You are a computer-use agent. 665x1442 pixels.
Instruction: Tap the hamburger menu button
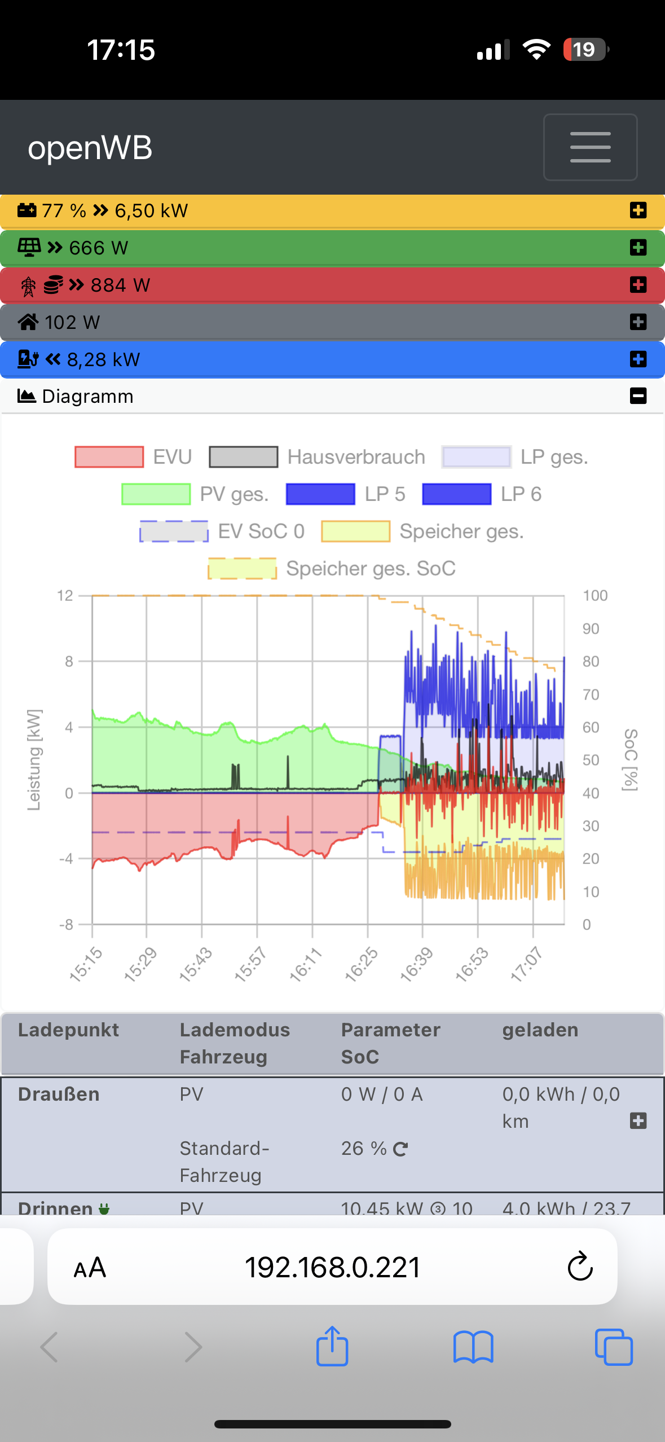(590, 147)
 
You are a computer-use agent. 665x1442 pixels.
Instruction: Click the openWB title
(90, 148)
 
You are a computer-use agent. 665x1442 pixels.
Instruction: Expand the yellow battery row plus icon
(638, 210)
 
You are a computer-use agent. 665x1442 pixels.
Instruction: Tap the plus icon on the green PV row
(638, 248)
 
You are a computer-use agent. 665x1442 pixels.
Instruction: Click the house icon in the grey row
(28, 322)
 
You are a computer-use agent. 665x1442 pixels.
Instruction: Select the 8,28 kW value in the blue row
(103, 359)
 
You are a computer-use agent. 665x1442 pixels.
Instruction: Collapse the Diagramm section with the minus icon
(638, 396)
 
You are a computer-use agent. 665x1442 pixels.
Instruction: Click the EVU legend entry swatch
(109, 457)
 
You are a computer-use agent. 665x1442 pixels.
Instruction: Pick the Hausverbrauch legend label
(356, 457)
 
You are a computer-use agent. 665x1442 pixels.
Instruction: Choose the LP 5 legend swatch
(320, 494)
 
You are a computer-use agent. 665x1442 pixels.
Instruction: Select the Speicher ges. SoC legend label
(371, 568)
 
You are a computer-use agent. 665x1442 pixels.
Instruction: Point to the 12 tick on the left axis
(65, 596)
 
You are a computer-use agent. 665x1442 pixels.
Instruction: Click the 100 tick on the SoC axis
(595, 596)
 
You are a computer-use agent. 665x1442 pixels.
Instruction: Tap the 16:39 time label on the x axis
(417, 964)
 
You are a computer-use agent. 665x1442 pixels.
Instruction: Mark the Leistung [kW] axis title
(34, 760)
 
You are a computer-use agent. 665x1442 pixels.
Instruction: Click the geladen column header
(540, 1030)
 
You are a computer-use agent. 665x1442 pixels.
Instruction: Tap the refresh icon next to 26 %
(400, 1149)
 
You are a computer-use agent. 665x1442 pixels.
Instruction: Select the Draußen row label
(59, 1094)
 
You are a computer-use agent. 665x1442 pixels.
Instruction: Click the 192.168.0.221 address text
(332, 1268)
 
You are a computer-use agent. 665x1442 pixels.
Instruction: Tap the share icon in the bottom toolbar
(332, 1346)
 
